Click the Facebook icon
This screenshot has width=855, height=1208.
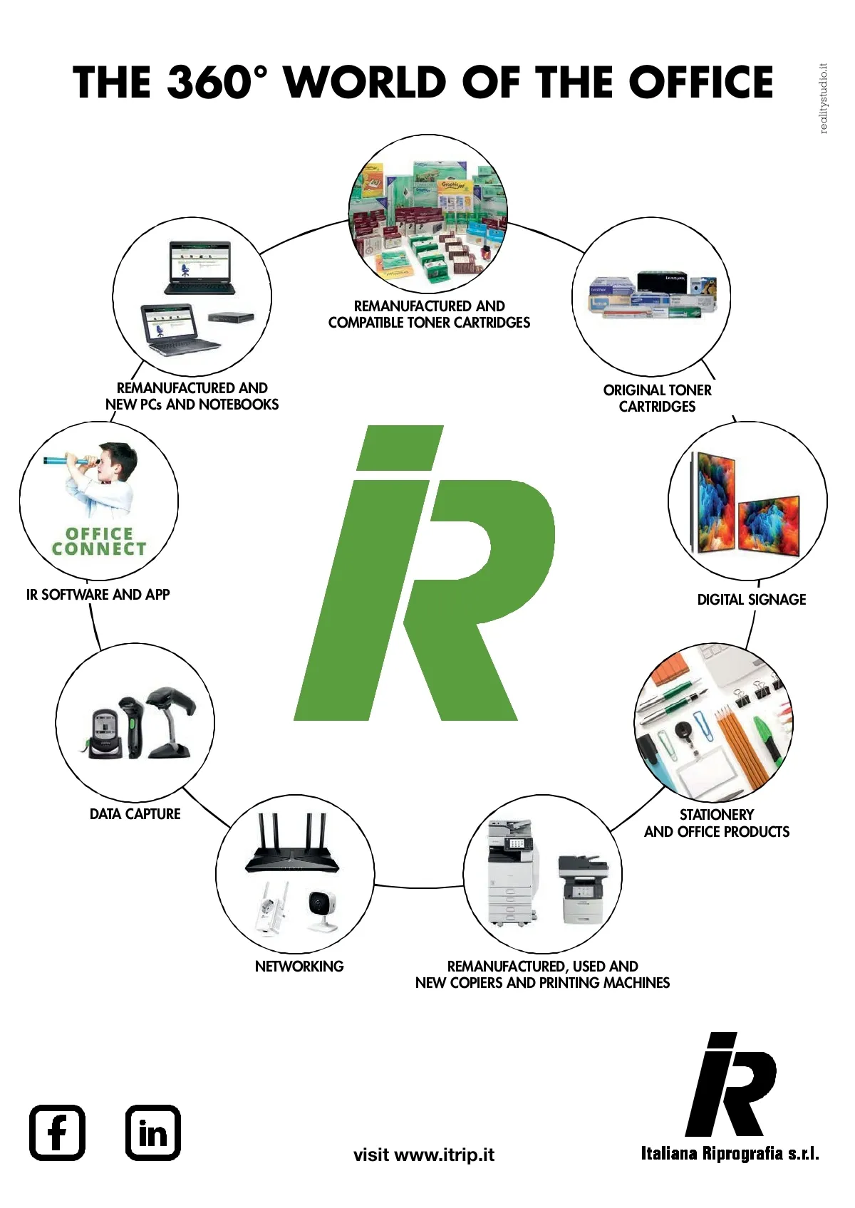click(x=57, y=1132)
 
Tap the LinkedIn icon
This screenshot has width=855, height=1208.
click(x=152, y=1132)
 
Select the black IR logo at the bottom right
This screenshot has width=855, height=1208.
click(x=730, y=1085)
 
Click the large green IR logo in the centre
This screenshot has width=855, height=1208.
click(x=424, y=573)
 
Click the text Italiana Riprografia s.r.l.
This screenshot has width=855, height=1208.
click(x=730, y=1153)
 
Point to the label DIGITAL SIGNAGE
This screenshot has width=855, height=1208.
click(x=751, y=600)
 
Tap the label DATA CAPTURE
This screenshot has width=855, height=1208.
click(x=135, y=813)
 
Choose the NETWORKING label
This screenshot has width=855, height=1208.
click(x=299, y=966)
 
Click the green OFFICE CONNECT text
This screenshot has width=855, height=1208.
click(x=99, y=541)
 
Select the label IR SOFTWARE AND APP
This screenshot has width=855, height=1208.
click(x=98, y=594)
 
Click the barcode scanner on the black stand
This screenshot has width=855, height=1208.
click(x=171, y=719)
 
